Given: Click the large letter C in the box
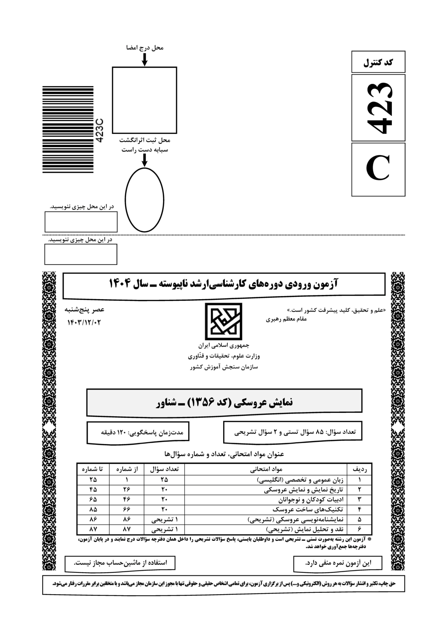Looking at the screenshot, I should [378, 169].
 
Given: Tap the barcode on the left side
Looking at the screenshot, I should [68, 129].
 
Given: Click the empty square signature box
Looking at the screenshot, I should [144, 100].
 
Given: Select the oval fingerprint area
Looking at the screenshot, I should [144, 200].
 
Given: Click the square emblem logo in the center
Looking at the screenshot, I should [224, 321].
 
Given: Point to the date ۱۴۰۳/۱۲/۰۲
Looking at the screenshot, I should [84, 322].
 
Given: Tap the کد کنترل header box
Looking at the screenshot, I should [378, 62].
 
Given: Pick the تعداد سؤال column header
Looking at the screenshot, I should [164, 469].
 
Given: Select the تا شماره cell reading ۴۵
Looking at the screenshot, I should [93, 490].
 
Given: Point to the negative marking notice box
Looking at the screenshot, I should [338, 563].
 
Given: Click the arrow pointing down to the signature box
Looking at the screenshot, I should [144, 59].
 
